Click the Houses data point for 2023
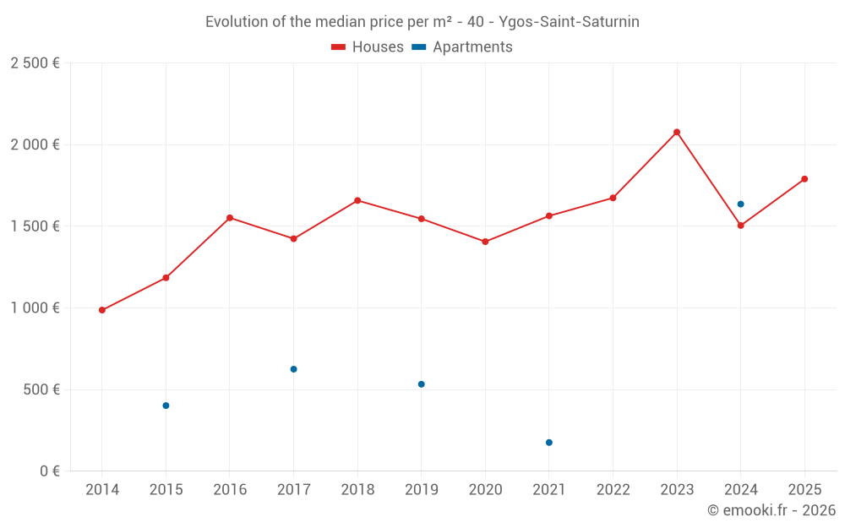(677, 132)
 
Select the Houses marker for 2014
(102, 310)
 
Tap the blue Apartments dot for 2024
(740, 204)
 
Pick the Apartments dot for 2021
(549, 443)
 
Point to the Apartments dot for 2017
(293, 369)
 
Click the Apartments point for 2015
(166, 406)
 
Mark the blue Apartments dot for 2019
(421, 384)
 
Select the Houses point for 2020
(485, 242)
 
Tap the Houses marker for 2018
(357, 200)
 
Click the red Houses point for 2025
(804, 179)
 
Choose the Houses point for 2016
(230, 218)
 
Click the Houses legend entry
(368, 47)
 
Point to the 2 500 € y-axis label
(35, 63)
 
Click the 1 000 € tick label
(35, 308)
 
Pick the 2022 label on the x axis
(613, 490)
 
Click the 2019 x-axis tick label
(421, 490)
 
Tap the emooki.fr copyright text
(771, 510)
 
